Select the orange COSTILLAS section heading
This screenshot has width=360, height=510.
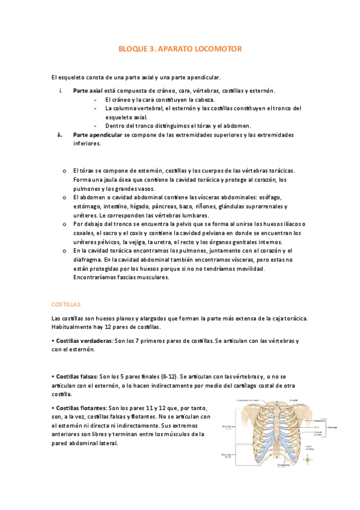click(x=66, y=305)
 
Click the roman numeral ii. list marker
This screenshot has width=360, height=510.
click(x=61, y=135)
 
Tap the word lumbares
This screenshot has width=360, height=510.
click(x=194, y=215)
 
